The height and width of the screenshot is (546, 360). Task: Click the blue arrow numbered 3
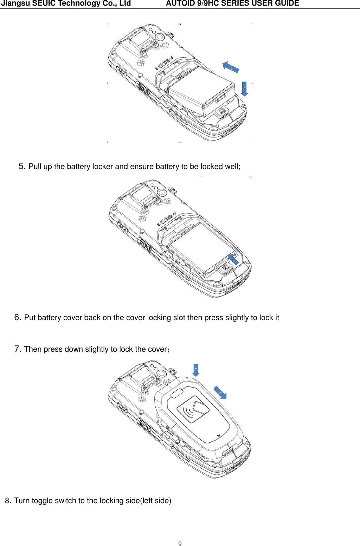(231, 67)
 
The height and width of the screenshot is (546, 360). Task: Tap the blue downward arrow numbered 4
(244, 89)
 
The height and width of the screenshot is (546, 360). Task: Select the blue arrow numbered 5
(233, 260)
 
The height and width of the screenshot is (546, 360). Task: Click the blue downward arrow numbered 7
(196, 370)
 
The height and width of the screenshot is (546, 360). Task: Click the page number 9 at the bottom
(180, 544)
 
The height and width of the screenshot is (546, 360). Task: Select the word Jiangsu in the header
(15, 4)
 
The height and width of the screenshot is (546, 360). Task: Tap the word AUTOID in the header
(179, 4)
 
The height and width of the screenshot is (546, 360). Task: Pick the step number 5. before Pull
(22, 166)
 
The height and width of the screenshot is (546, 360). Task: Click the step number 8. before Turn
(8, 501)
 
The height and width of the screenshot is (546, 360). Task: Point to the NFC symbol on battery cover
(193, 410)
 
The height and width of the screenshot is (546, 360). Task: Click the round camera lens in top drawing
(160, 37)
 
